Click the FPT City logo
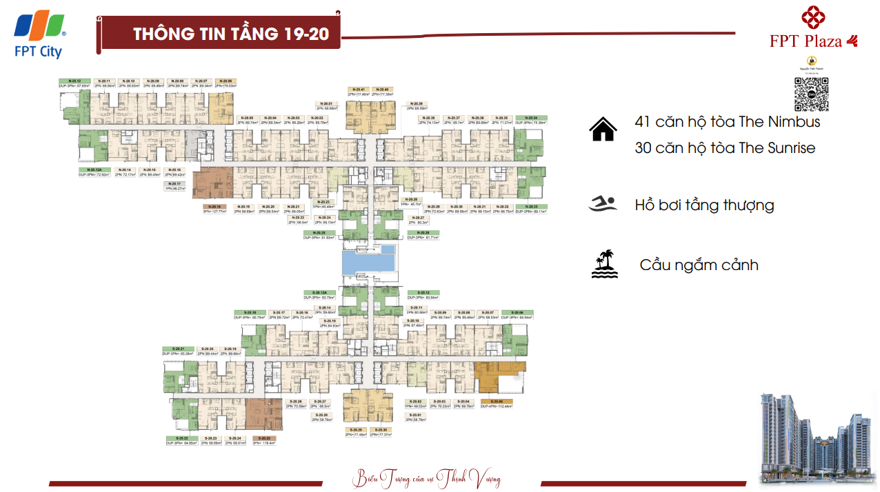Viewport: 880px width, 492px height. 40,33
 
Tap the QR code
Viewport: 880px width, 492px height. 811,94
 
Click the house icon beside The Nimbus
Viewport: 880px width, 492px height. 603,129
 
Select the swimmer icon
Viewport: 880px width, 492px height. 603,204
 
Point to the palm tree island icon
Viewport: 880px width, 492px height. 604,264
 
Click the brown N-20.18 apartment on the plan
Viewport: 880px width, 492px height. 213,182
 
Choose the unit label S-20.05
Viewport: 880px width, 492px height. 497,401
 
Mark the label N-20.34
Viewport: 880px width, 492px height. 530,118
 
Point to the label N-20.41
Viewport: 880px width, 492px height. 358,90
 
